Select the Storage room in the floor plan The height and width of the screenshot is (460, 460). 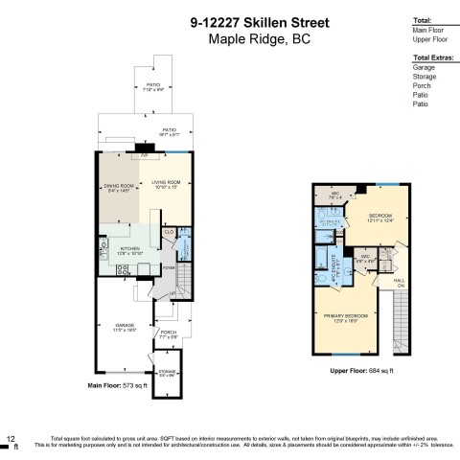pos(167,374)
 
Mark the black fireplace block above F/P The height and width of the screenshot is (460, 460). pos(143,149)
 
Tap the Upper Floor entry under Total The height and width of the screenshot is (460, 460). pos(427,39)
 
